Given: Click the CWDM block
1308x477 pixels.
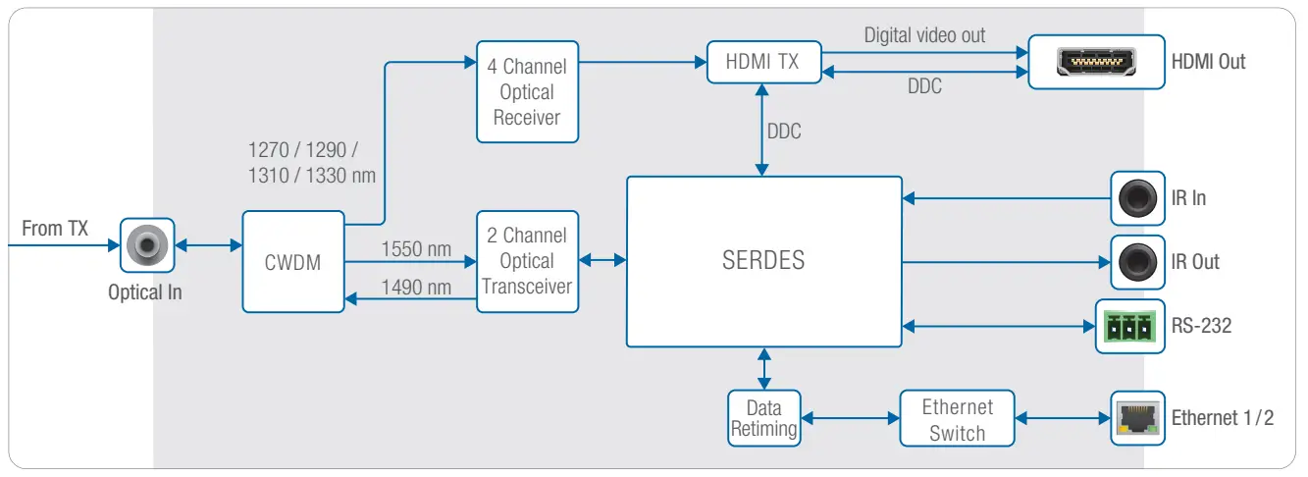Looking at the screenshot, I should [x=293, y=262].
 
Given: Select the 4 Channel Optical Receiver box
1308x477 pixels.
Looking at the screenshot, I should [x=527, y=92].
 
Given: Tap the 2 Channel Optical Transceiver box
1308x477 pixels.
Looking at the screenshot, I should [x=527, y=261].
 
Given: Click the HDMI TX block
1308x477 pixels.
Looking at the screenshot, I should [x=761, y=62].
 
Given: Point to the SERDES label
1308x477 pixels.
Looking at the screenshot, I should [x=763, y=261].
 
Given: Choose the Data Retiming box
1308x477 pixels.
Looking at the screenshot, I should [x=763, y=418].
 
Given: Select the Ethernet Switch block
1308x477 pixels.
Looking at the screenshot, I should [x=957, y=419].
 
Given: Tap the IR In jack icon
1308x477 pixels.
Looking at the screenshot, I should [x=1137, y=198].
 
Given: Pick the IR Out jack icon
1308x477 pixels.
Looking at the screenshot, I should [x=1137, y=262].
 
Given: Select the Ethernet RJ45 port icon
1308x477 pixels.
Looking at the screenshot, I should [x=1137, y=419].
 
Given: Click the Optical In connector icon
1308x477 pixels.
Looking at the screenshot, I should [x=146, y=245].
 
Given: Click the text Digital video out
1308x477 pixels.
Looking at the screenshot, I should [x=924, y=35].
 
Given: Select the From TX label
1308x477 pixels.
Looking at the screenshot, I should [x=55, y=229].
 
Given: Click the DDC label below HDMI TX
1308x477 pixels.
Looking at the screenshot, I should [x=783, y=131].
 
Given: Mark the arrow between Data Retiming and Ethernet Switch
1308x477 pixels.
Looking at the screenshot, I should [x=851, y=419].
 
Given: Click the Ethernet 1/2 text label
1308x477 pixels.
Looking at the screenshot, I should [x=1222, y=418].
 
